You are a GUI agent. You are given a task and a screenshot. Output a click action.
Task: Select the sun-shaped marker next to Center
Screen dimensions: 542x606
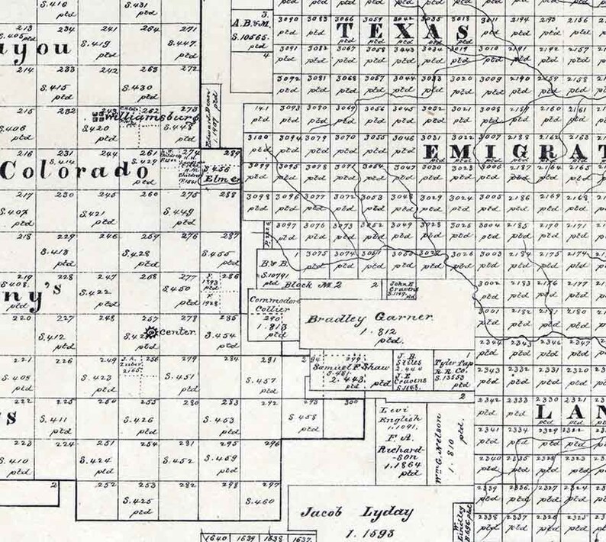[x=150, y=332]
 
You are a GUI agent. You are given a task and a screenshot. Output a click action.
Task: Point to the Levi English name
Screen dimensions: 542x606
[x=393, y=415]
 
